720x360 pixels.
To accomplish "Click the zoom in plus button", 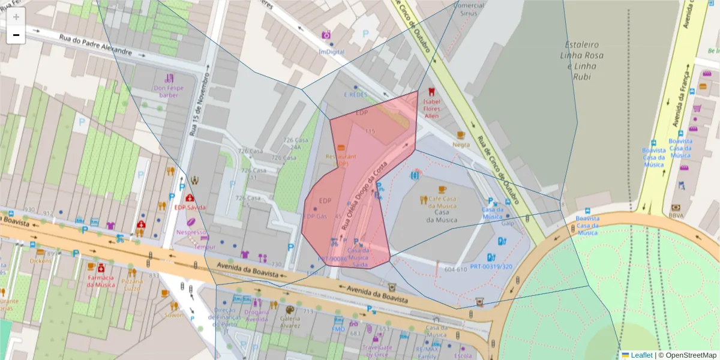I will tap(16, 17).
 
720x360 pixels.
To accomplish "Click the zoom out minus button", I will tap(16, 35).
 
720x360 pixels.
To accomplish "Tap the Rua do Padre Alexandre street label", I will tap(95, 45).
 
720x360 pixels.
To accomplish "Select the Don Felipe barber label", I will tap(169, 91).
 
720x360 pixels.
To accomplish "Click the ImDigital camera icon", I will tap(326, 35).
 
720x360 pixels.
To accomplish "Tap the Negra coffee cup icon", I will tap(461, 135).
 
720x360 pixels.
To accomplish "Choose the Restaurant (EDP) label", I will tap(340, 160).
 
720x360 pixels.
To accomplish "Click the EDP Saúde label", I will tap(190, 207).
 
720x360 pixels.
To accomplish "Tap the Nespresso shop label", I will tap(191, 232).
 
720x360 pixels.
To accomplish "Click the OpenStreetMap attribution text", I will tap(687, 355).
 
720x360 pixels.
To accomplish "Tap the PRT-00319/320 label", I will tap(491, 266).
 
